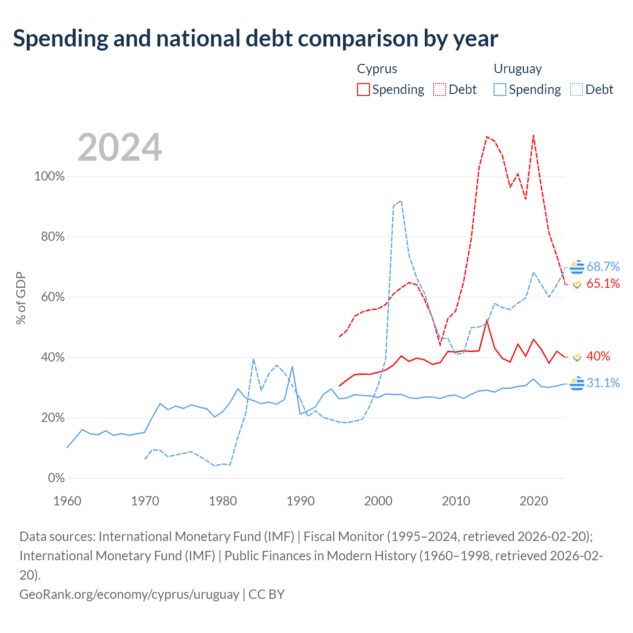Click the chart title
(255, 39)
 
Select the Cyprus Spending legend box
(363, 90)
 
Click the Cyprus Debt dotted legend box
(439, 90)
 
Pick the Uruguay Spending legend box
(499, 90)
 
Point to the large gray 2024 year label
(120, 147)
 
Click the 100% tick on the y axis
(49, 177)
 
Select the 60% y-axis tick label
(52, 297)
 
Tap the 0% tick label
(56, 478)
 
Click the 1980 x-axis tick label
(223, 501)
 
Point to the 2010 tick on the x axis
(456, 501)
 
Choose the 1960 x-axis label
(67, 501)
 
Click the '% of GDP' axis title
(21, 298)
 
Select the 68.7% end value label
(603, 267)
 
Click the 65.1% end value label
(603, 283)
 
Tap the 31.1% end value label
(603, 383)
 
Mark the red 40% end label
(598, 356)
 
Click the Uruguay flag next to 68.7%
(577, 267)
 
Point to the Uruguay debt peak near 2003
(401, 201)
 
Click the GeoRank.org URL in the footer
(129, 594)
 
